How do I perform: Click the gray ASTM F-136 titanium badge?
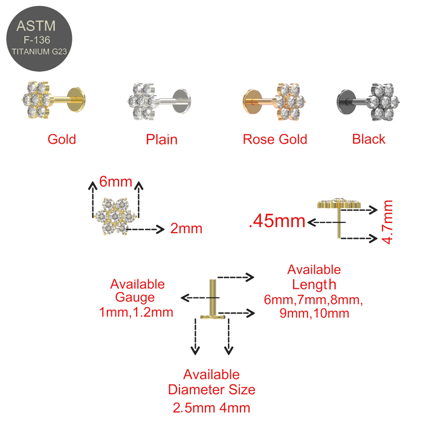(39, 39)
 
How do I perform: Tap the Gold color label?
(62, 140)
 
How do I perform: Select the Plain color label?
(161, 140)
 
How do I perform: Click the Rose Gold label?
(275, 140)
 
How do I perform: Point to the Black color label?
(369, 140)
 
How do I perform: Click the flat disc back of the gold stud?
(76, 100)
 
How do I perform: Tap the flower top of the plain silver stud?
(141, 101)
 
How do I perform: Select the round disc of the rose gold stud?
(252, 102)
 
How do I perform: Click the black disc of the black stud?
(346, 102)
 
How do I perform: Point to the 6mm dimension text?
(116, 181)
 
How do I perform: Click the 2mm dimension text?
(186, 229)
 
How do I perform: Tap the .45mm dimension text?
(277, 221)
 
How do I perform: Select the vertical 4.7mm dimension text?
(388, 222)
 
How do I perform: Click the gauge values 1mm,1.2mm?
(136, 312)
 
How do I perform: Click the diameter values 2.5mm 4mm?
(211, 408)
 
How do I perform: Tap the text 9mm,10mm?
(315, 313)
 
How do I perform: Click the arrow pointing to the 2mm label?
(145, 229)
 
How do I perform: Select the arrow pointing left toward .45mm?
(326, 222)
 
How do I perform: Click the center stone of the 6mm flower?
(115, 216)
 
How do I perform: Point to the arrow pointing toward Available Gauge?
(200, 298)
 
